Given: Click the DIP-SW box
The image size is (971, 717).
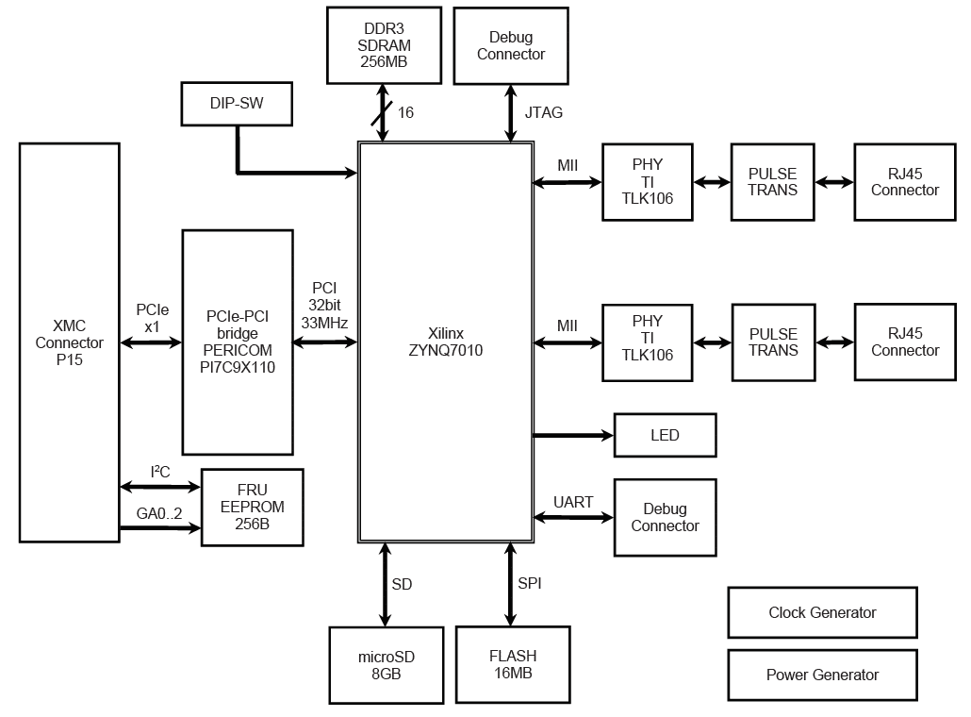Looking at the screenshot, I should coord(236,104).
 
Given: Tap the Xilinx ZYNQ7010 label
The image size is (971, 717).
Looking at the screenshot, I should coord(446,342).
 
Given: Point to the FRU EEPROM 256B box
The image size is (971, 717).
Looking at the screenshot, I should coord(252,507).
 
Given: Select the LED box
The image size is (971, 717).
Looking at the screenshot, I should coord(665,435).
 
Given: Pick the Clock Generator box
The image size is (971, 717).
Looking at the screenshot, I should coord(822,612).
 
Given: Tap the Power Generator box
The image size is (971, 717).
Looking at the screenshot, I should coord(822,675).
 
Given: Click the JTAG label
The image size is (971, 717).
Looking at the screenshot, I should coord(543,113).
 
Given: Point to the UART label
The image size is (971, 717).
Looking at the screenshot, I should coord(573,502).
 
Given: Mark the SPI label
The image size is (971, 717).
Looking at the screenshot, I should coord(530,584).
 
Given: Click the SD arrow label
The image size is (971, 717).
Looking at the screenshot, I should coord(402,584).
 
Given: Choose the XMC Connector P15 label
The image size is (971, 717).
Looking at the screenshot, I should coord(70,342).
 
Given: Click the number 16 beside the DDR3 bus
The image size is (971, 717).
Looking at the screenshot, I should coord(405,112).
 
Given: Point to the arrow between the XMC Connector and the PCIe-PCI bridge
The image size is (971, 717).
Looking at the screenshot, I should coord(151,343).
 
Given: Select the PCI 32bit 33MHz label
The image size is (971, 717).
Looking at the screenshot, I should coord(324,305).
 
